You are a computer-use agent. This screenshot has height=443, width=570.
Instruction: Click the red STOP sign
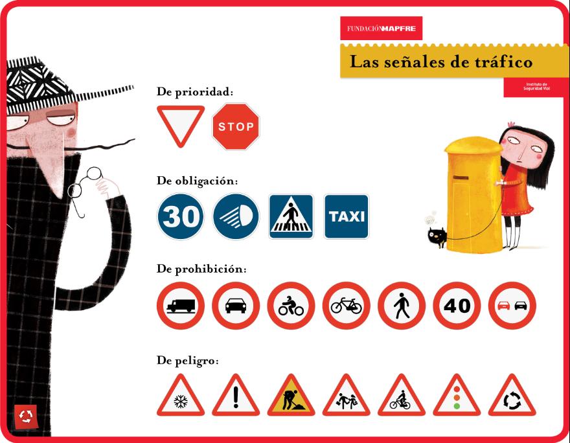[x=236, y=126]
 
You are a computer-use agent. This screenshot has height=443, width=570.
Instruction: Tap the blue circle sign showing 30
[x=181, y=216]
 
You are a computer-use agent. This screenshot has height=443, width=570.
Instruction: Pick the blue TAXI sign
[x=347, y=216]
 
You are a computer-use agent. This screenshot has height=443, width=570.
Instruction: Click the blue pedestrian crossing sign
[x=291, y=216]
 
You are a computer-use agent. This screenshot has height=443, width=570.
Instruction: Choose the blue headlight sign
[x=236, y=216]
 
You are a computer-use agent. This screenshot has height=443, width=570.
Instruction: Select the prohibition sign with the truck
[x=181, y=306]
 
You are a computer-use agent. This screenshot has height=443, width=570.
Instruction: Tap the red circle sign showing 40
[x=457, y=306]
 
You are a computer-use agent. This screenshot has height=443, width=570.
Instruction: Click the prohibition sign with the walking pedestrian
[x=402, y=306]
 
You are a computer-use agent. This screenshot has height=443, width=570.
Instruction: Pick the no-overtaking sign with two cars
[x=512, y=306]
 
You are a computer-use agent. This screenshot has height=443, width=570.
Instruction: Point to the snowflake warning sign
[x=181, y=397]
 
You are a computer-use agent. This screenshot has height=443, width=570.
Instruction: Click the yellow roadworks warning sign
[x=291, y=397]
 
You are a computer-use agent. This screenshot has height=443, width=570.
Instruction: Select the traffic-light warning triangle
[x=457, y=397]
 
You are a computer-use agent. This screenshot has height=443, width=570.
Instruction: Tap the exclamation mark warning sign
[x=236, y=397]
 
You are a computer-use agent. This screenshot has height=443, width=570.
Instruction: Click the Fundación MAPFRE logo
[x=382, y=28]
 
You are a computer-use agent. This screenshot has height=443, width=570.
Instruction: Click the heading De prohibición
[x=201, y=269]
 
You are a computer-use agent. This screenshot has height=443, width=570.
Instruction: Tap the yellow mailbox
[x=474, y=194]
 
